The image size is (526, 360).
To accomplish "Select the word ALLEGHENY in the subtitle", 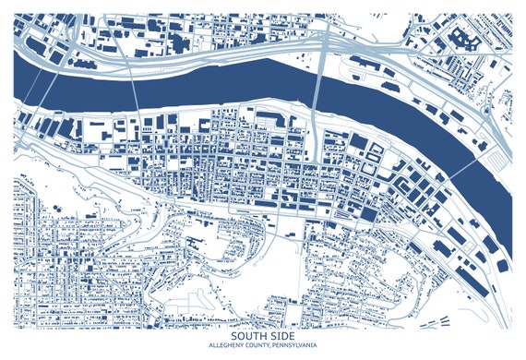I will click(x=226, y=346).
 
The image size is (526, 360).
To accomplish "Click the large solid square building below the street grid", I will click(x=367, y=214).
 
